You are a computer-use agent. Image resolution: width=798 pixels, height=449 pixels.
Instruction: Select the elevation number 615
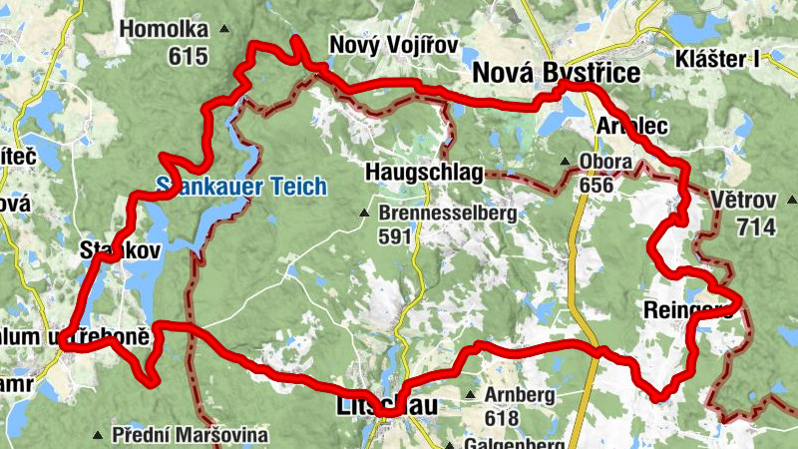(x=189, y=56)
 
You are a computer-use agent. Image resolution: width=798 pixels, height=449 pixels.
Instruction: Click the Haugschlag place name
(x=424, y=173)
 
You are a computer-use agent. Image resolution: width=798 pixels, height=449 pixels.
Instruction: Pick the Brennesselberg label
(x=447, y=213)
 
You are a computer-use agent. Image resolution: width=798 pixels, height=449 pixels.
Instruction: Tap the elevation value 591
(x=395, y=236)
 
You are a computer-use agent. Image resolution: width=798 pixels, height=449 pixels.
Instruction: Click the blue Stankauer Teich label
(x=240, y=185)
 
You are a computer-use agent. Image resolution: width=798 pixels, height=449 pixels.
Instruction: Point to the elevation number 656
(x=595, y=185)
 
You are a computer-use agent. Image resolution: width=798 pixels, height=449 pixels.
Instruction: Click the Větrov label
(x=743, y=201)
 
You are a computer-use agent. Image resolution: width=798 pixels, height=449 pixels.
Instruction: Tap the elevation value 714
(x=756, y=227)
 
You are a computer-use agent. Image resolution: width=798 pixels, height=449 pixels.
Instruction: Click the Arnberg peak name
(x=519, y=394)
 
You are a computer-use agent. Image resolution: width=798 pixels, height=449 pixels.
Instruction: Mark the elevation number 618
(x=502, y=417)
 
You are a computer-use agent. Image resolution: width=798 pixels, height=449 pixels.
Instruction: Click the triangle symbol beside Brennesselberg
(x=366, y=213)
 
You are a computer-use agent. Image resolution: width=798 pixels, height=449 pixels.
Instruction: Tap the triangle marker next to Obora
(x=566, y=161)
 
